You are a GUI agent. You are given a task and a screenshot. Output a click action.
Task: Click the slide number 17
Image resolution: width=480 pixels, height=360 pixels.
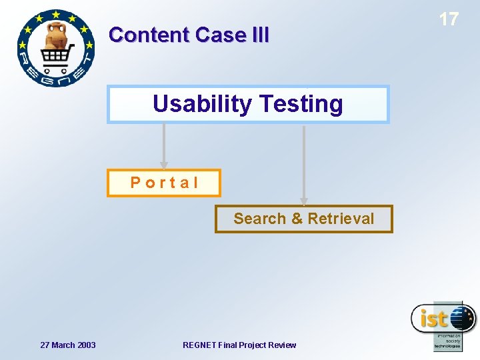tap(449, 19)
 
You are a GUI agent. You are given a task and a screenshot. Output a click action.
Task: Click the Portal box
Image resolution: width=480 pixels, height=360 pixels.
tap(164, 183)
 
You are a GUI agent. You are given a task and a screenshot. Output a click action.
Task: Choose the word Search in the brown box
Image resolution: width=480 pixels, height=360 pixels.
tap(259, 219)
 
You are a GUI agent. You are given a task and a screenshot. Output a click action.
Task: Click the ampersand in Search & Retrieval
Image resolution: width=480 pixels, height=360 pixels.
tap(297, 219)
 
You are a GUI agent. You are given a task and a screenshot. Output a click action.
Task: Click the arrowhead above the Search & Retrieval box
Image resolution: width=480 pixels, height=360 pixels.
tap(304, 200)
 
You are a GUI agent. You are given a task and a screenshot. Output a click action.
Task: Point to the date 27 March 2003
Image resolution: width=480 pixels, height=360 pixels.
tap(67, 345)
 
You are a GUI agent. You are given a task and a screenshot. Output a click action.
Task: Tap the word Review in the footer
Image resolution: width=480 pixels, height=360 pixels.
tap(283, 345)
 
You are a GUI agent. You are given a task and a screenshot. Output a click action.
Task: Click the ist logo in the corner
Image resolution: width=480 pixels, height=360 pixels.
tap(443, 325)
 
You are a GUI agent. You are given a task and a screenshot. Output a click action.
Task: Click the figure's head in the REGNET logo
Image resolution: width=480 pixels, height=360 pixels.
tap(57, 31)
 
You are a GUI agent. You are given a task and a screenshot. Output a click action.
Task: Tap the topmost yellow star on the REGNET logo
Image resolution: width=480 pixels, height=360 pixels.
tap(56, 13)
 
